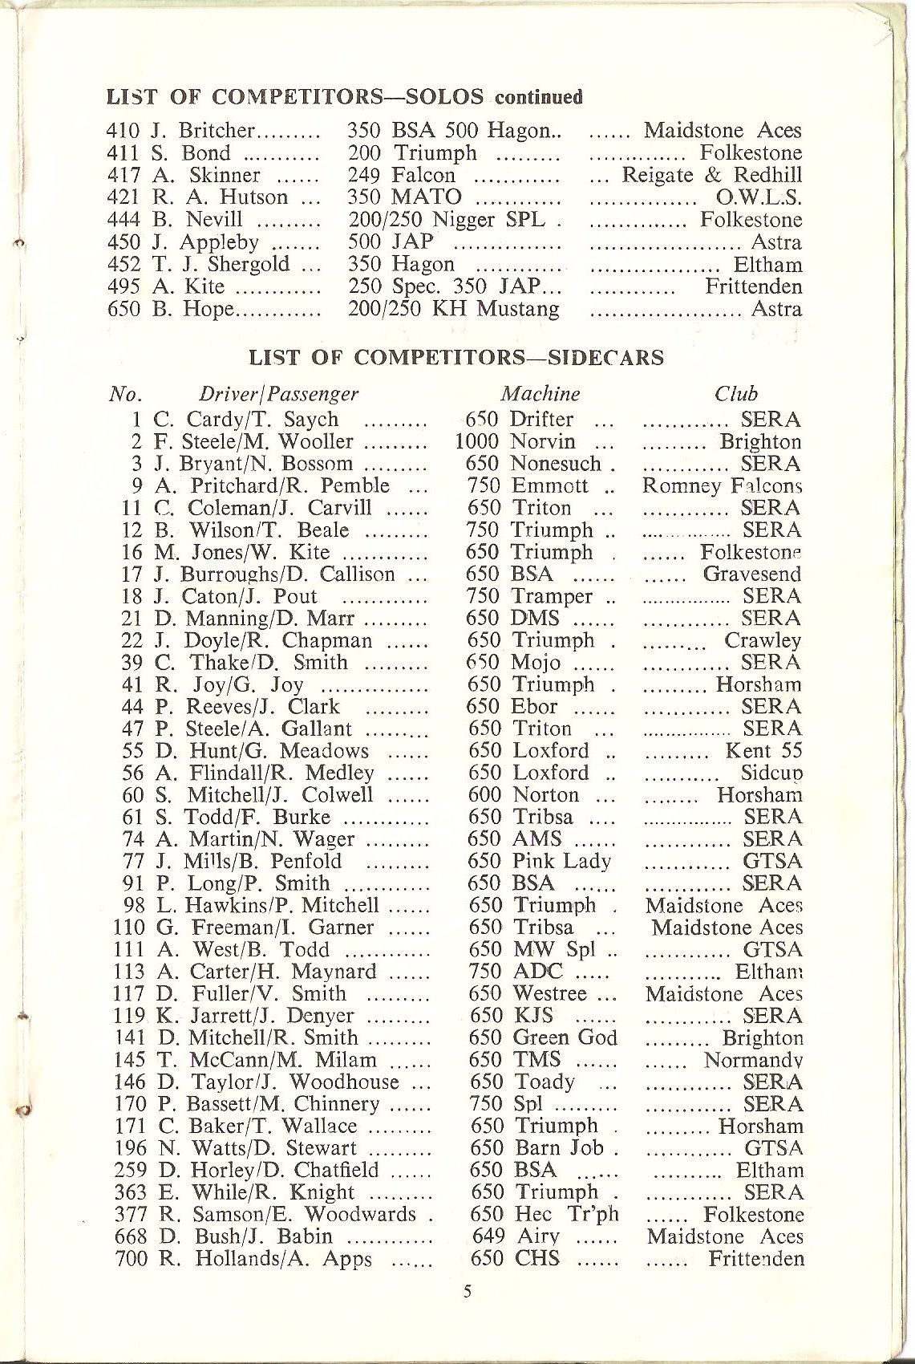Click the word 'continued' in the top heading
[x=537, y=98]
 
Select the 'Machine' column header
[x=540, y=394]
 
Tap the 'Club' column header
[x=736, y=394]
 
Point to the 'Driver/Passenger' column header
[x=277, y=394]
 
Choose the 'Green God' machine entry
[x=565, y=1037]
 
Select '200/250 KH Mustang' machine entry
[x=454, y=309]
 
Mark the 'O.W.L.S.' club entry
[x=759, y=197]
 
